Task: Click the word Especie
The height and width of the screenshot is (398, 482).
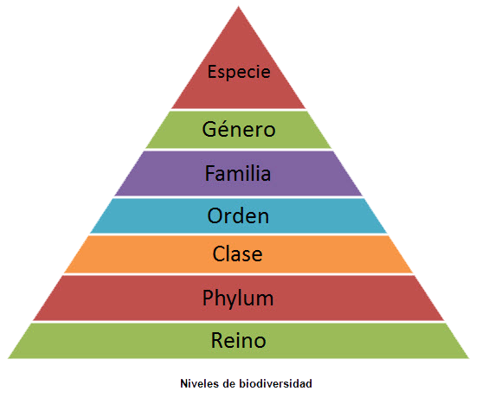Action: [239, 72]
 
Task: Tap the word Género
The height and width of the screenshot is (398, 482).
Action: [239, 128]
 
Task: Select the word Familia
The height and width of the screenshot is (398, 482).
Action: [238, 173]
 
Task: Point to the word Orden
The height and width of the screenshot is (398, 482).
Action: [238, 215]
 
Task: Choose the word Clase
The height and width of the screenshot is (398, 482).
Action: [238, 254]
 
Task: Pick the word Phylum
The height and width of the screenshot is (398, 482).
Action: [238, 298]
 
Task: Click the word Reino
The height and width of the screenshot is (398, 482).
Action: [239, 340]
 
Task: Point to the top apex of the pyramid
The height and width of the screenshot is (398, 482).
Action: [239, 6]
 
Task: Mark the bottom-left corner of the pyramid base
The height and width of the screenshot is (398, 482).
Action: [8, 358]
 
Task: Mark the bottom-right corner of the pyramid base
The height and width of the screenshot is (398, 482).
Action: [469, 358]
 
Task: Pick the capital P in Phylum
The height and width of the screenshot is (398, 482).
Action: [208, 297]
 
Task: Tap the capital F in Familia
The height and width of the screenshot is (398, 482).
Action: [210, 173]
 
